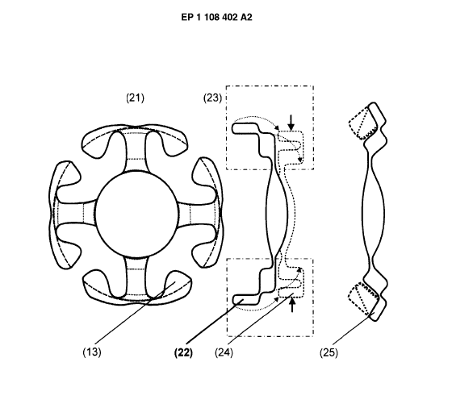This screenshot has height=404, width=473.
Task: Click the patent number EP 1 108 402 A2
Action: [216, 18]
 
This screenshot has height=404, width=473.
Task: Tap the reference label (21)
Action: [135, 98]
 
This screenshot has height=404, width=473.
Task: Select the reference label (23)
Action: [212, 98]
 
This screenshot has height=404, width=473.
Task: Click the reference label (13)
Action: [92, 352]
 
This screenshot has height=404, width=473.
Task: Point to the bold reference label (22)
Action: [183, 352]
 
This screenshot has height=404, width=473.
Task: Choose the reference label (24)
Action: [224, 352]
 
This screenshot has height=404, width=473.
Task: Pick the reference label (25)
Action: [329, 352]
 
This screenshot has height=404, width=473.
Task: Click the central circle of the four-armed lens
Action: [136, 214]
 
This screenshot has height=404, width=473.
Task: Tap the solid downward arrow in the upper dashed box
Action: [291, 123]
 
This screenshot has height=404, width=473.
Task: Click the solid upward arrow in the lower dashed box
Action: [292, 305]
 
